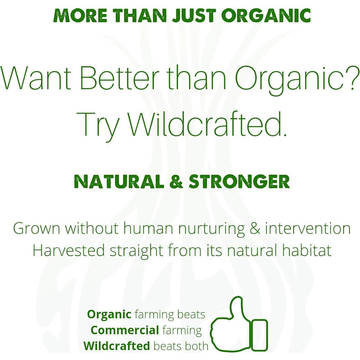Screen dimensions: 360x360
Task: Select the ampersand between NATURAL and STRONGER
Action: tap(176, 182)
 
